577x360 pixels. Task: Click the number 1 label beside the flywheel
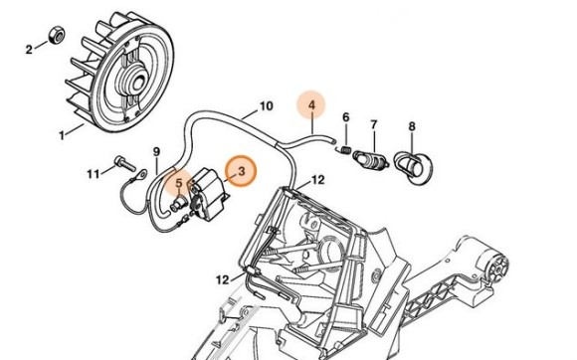62,133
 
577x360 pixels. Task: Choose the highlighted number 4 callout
311,104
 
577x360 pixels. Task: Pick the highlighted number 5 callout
179,184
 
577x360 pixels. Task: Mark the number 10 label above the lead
266,104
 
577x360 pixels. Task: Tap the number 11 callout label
93,173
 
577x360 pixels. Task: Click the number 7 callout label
374,124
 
